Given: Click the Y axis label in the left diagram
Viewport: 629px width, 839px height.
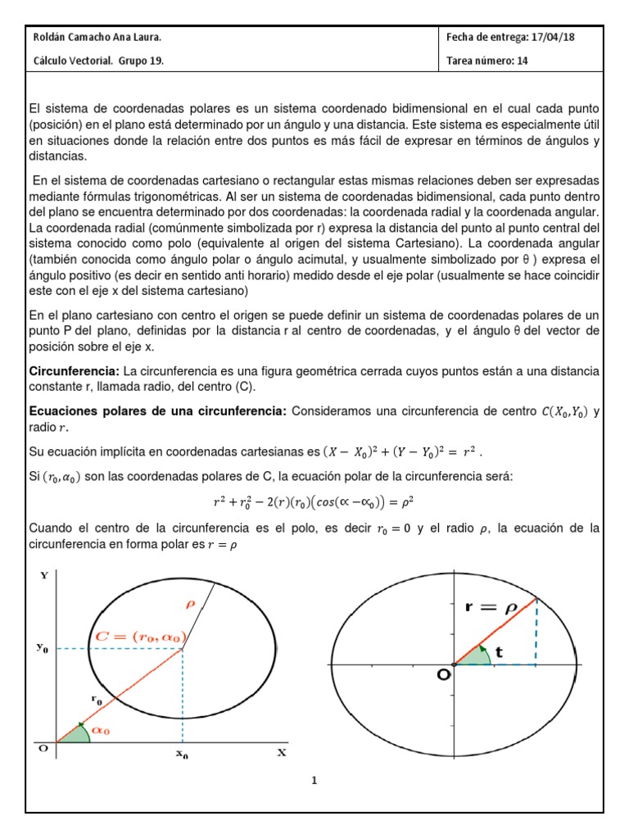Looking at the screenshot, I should [43, 575].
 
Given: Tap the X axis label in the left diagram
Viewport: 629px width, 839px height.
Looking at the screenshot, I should [281, 752].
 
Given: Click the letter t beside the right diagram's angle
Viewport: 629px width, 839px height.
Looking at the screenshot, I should [500, 655].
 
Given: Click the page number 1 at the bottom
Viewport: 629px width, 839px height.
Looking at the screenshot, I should [314, 780].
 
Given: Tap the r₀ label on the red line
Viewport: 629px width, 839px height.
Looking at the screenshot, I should [96, 700].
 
